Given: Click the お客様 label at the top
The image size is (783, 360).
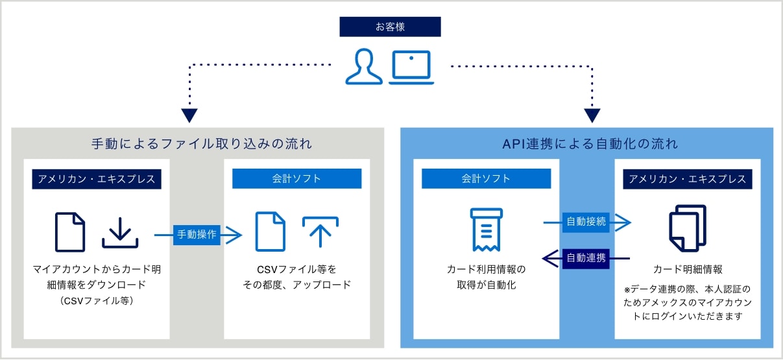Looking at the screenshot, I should [x=390, y=27].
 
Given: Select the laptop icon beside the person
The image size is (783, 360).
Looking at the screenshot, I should [x=411, y=67].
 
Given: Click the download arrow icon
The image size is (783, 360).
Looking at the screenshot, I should [x=120, y=232].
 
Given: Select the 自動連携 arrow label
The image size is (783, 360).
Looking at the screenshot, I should [x=586, y=258].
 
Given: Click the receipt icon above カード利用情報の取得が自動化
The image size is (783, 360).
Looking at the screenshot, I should [x=487, y=230].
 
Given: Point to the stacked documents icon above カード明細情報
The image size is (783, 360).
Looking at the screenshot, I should [x=687, y=228].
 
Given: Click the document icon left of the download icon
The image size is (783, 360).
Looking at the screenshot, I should [x=70, y=232].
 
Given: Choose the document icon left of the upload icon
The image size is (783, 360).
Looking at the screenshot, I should [x=270, y=232].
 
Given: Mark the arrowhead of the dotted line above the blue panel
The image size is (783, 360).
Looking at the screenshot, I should [x=592, y=116].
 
